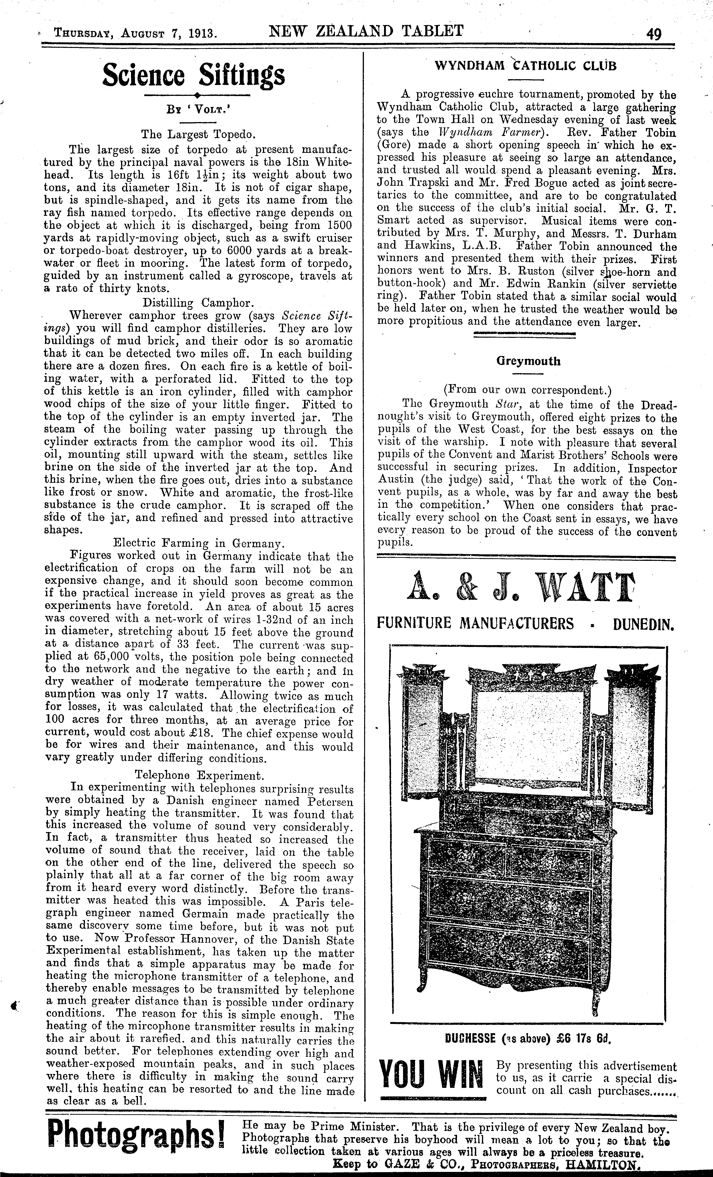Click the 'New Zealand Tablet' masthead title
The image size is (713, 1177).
(x=366, y=32)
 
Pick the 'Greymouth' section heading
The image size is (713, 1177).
(x=528, y=361)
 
